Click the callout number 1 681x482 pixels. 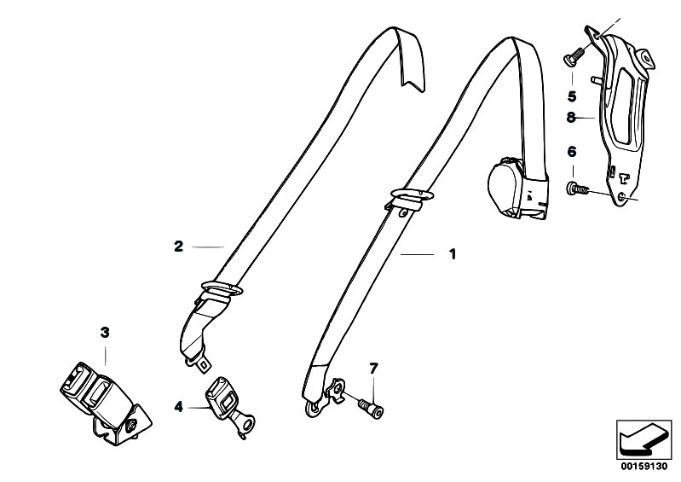coord(453,254)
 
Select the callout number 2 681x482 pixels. coord(178,247)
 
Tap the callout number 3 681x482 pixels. coord(105,333)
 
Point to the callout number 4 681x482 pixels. coord(178,407)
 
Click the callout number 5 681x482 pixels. coord(572,96)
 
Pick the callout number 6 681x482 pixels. coord(572,152)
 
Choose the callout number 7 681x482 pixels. coord(373,369)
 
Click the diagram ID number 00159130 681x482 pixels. coord(643,467)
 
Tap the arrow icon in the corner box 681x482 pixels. coord(643,440)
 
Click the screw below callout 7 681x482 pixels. coord(371,408)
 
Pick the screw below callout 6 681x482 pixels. coord(579,189)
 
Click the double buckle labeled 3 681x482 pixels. coord(104,402)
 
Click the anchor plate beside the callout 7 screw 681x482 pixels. coord(336,390)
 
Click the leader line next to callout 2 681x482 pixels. coord(208,247)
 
